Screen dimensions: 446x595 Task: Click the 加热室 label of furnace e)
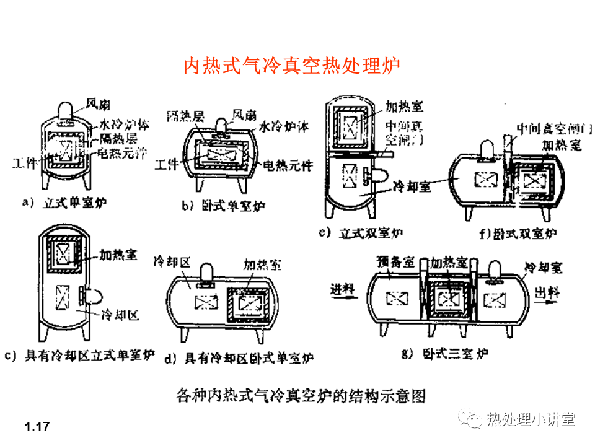point(403,106)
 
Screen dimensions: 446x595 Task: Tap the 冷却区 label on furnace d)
point(170,263)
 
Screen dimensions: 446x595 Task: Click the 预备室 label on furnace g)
point(391,262)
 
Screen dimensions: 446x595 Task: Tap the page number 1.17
point(37,427)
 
